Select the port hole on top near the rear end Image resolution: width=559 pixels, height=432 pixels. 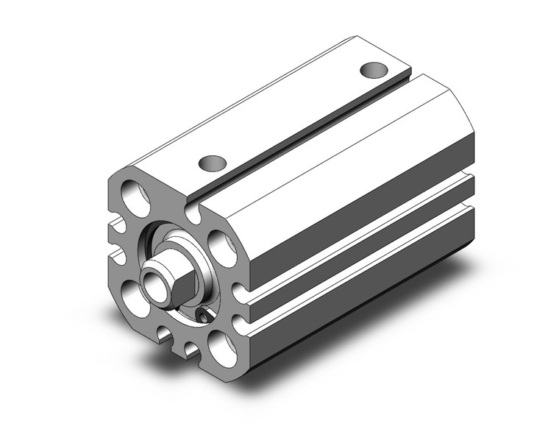pyautogui.click(x=374, y=71)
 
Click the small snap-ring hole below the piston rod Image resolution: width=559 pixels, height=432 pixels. pyautogui.click(x=203, y=317)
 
